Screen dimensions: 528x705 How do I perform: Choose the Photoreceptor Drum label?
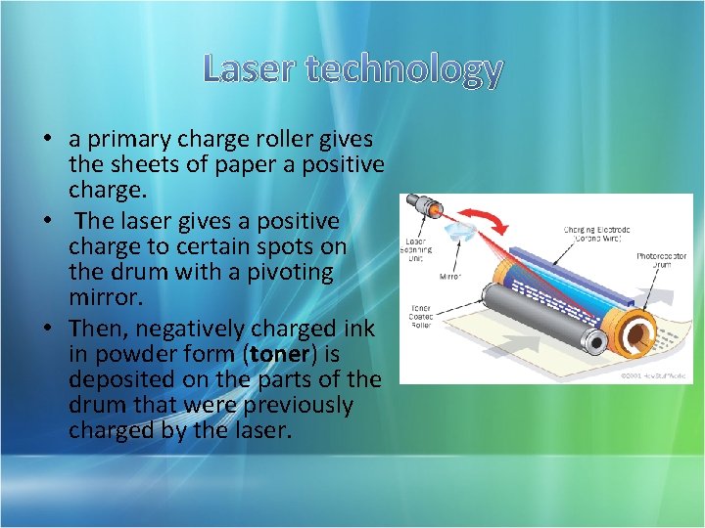tap(661, 261)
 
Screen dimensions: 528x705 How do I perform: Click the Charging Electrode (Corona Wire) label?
tap(596, 235)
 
